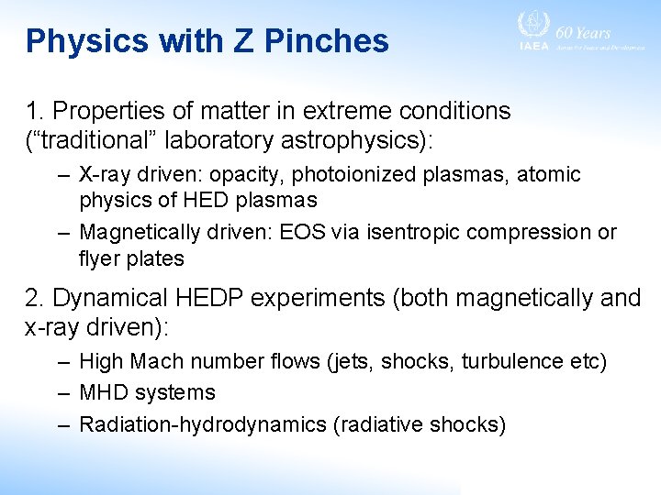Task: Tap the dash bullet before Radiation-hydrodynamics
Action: (62, 424)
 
